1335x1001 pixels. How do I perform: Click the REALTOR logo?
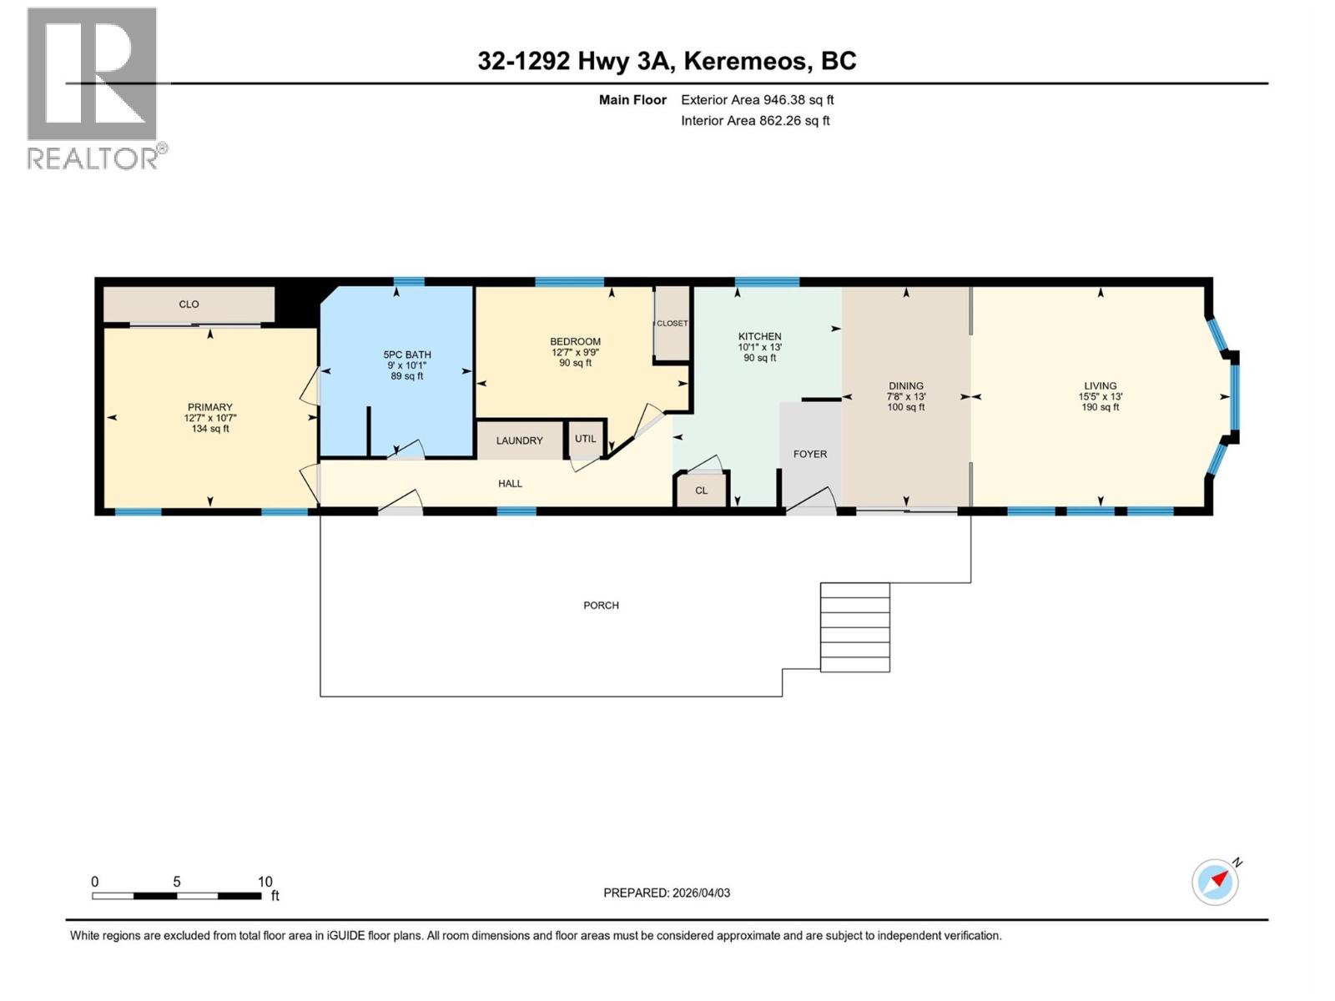pyautogui.click(x=93, y=88)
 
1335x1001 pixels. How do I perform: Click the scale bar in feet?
pyautogui.click(x=177, y=895)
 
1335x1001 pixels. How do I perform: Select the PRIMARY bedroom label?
pyautogui.click(x=209, y=408)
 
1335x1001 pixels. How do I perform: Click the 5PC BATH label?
pyautogui.click(x=407, y=355)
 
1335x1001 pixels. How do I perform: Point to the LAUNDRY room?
pyautogui.click(x=519, y=440)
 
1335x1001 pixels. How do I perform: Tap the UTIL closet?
pyautogui.click(x=585, y=439)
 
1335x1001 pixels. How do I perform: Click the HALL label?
pyautogui.click(x=510, y=484)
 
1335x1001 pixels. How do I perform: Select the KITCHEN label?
pyautogui.click(x=759, y=336)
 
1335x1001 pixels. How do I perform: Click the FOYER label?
pyautogui.click(x=809, y=455)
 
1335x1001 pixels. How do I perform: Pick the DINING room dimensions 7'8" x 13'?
pyautogui.click(x=906, y=397)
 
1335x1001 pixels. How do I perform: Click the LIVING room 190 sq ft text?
pyautogui.click(x=1100, y=408)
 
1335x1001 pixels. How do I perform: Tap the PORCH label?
pyautogui.click(x=601, y=606)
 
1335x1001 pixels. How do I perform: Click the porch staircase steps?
pyautogui.click(x=854, y=627)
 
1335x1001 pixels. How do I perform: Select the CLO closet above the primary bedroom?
pyautogui.click(x=189, y=304)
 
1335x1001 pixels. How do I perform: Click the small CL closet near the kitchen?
pyautogui.click(x=701, y=490)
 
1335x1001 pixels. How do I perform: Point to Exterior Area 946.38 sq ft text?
pyautogui.click(x=757, y=100)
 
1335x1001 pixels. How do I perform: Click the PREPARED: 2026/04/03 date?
pyautogui.click(x=667, y=893)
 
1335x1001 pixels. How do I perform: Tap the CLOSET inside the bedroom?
pyautogui.click(x=672, y=324)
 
